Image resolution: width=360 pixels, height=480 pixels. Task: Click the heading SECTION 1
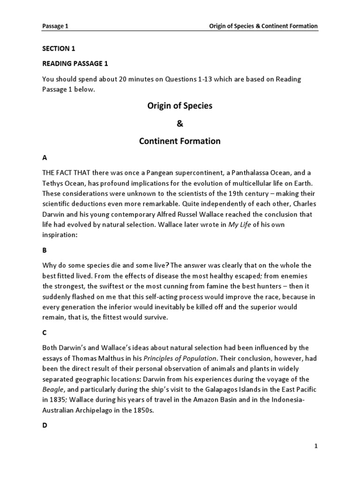pos(59,48)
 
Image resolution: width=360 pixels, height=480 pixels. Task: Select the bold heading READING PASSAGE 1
pos(75,64)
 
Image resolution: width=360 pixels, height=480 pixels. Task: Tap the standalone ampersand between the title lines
pos(180,123)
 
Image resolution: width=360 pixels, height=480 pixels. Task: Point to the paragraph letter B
pos(45,250)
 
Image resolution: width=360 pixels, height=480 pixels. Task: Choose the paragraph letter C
pos(45,332)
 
